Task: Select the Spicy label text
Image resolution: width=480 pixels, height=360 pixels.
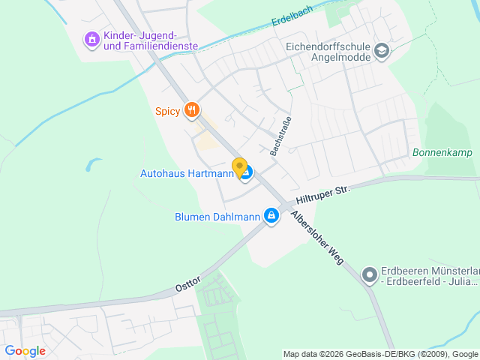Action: [x=167, y=112]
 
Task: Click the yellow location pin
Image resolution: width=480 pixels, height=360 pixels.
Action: [x=240, y=168]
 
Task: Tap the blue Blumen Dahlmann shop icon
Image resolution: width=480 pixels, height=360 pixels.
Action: [x=271, y=217]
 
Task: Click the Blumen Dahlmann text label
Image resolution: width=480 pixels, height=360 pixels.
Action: [x=217, y=217]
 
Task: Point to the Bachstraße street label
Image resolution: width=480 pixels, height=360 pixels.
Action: [x=280, y=136]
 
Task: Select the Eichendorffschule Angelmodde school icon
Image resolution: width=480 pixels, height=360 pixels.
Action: [x=382, y=51]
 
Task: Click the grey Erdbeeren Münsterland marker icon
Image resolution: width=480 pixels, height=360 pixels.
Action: [x=368, y=276]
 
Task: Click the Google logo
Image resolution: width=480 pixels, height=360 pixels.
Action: [x=25, y=351]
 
